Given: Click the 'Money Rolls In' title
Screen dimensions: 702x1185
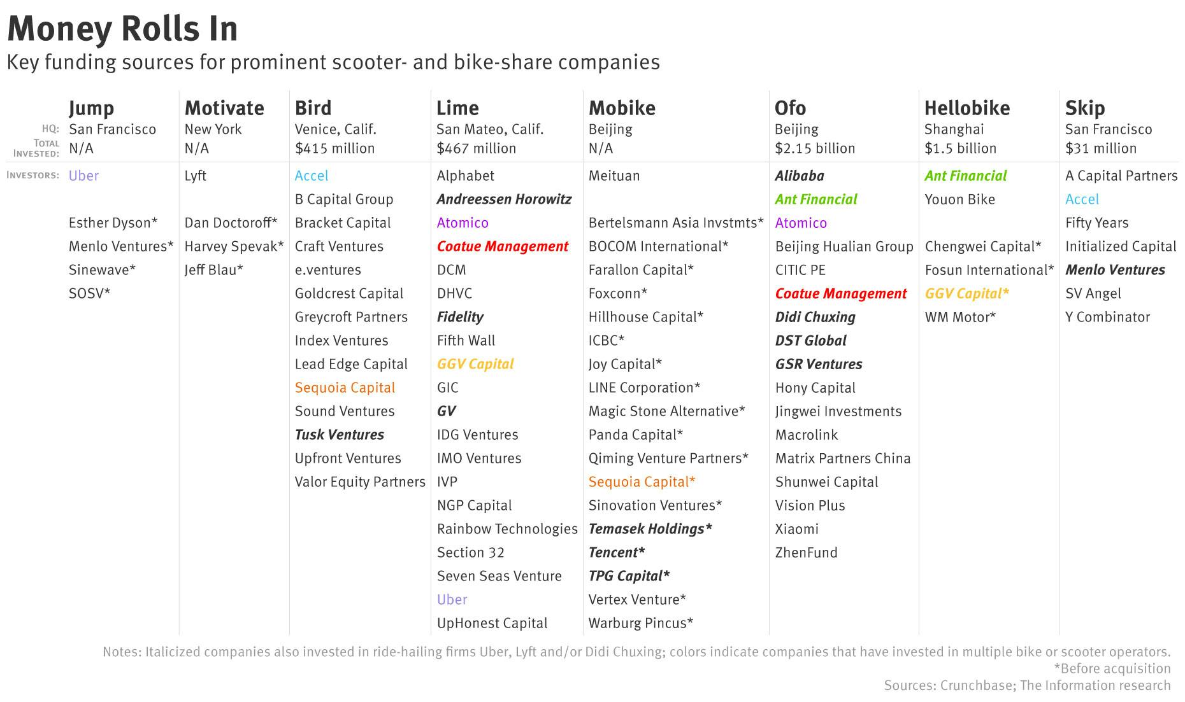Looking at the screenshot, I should tap(122, 29).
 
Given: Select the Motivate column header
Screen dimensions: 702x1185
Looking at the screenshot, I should tap(224, 108).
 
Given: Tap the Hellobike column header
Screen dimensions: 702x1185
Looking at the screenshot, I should tap(967, 108).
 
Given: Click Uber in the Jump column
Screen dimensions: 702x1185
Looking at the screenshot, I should tap(83, 176).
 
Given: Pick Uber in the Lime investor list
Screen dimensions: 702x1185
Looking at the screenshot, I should tap(452, 600).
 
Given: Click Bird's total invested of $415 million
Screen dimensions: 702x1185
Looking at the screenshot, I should tap(334, 148).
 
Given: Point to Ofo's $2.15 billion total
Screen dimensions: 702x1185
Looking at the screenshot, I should tap(815, 148).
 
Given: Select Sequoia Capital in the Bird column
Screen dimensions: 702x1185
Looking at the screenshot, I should tap(345, 388).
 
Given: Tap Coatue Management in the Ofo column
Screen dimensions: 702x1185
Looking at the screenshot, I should tap(840, 293).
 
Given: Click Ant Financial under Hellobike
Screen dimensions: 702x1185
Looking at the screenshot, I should tap(965, 176).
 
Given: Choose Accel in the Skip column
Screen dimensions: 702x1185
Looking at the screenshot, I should tap(1082, 199).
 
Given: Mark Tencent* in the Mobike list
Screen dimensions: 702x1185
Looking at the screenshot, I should tap(616, 552).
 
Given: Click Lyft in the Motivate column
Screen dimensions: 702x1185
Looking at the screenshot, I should tap(195, 176).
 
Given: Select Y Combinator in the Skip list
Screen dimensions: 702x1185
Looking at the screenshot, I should tap(1107, 317).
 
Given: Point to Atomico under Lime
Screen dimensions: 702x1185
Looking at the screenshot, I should tap(463, 223).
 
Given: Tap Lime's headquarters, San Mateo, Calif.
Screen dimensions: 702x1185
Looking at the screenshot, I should tap(489, 129).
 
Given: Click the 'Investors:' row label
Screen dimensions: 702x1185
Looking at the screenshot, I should tap(32, 175).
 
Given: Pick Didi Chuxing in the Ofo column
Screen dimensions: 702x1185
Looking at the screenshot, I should tap(815, 317).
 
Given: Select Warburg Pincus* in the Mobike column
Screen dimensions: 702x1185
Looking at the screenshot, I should tap(640, 623).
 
